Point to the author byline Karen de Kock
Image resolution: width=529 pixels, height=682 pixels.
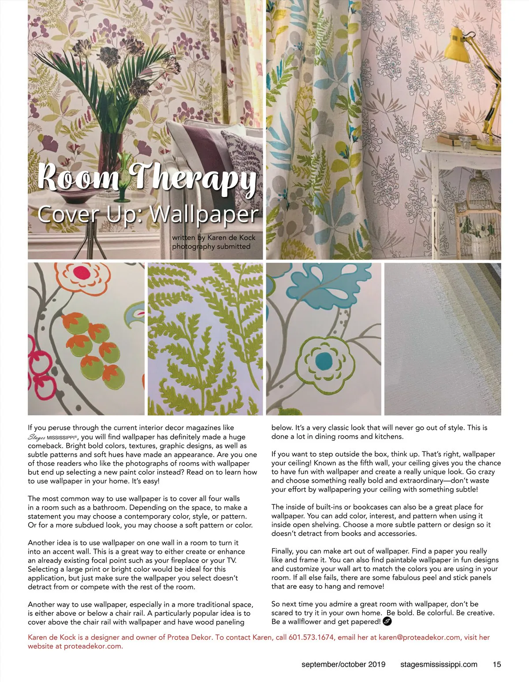[x=231, y=238]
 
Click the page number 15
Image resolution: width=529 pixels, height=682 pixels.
[x=496, y=664]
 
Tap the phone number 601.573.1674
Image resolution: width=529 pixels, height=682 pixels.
[x=311, y=637]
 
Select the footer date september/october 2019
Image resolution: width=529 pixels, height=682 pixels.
[x=343, y=664]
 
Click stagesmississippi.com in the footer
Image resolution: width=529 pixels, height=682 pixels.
[x=439, y=664]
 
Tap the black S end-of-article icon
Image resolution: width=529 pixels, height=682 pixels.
[x=387, y=622]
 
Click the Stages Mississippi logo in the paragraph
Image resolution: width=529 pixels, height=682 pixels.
[x=52, y=437]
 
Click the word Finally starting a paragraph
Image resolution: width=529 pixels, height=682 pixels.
[x=282, y=551]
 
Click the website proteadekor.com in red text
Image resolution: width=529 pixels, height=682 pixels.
[x=93, y=646]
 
